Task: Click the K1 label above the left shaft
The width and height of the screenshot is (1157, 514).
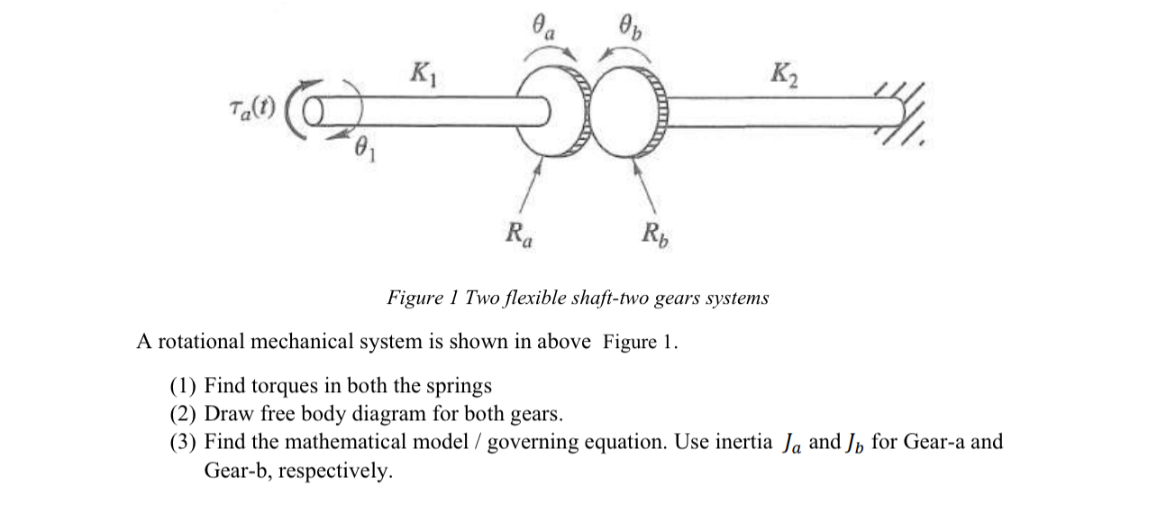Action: click(x=421, y=69)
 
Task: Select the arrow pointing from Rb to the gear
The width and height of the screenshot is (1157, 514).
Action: click(x=648, y=189)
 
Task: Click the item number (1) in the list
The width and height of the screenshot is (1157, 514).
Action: click(x=184, y=386)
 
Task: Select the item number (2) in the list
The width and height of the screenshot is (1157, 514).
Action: click(x=184, y=414)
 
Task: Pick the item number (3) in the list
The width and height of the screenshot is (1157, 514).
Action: click(x=184, y=442)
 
